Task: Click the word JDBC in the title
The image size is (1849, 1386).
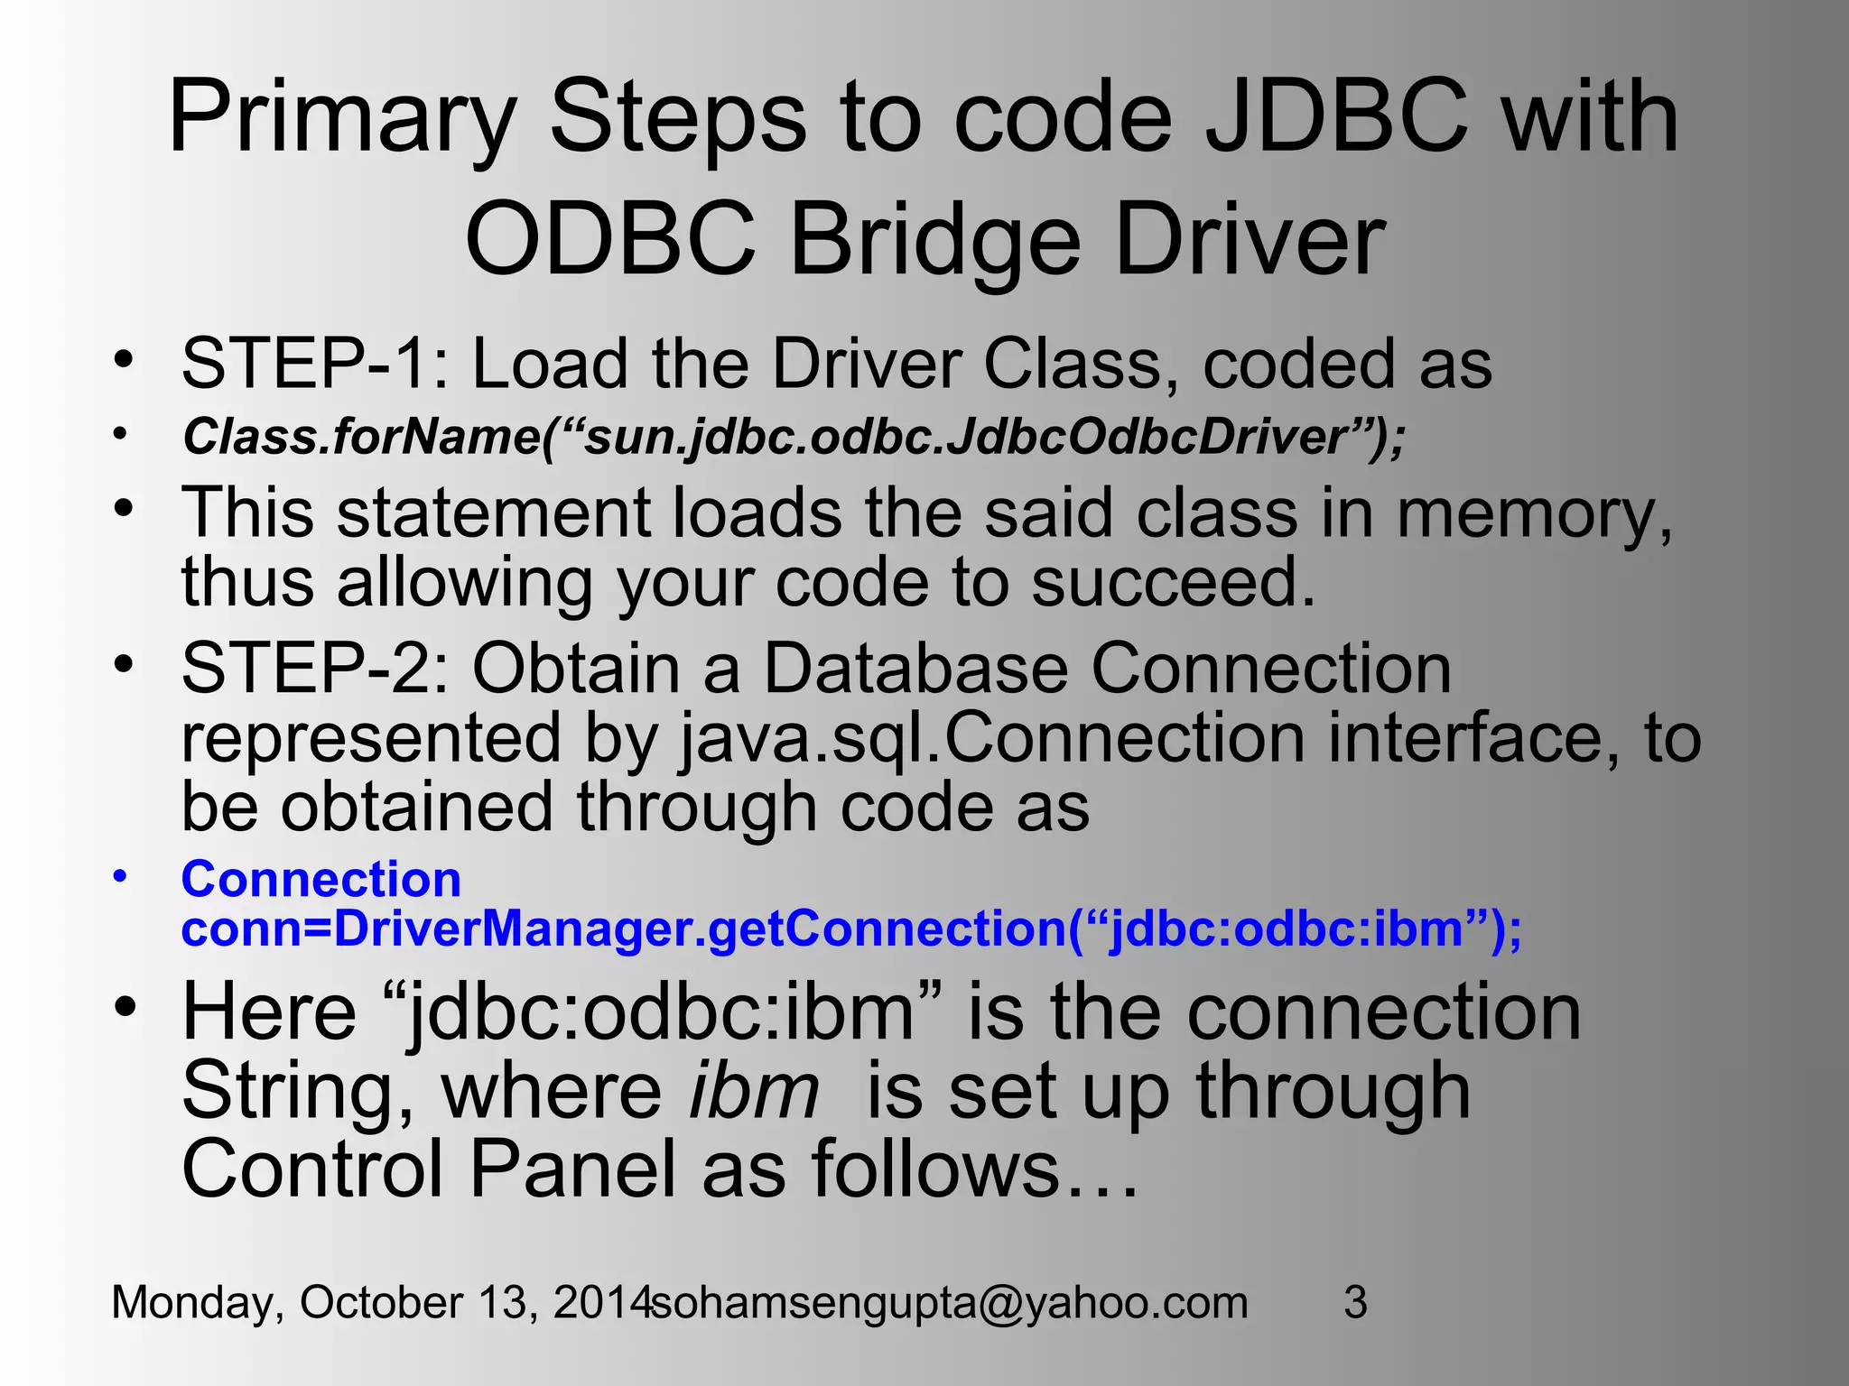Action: (1337, 118)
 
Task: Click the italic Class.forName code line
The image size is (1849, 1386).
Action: (794, 438)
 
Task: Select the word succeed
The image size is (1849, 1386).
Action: (1174, 582)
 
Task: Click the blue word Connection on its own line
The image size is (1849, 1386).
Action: (321, 879)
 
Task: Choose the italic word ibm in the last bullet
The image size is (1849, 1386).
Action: (754, 1091)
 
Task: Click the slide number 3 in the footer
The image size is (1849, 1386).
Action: (1355, 1302)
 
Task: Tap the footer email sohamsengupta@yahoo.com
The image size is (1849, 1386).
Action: (950, 1302)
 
